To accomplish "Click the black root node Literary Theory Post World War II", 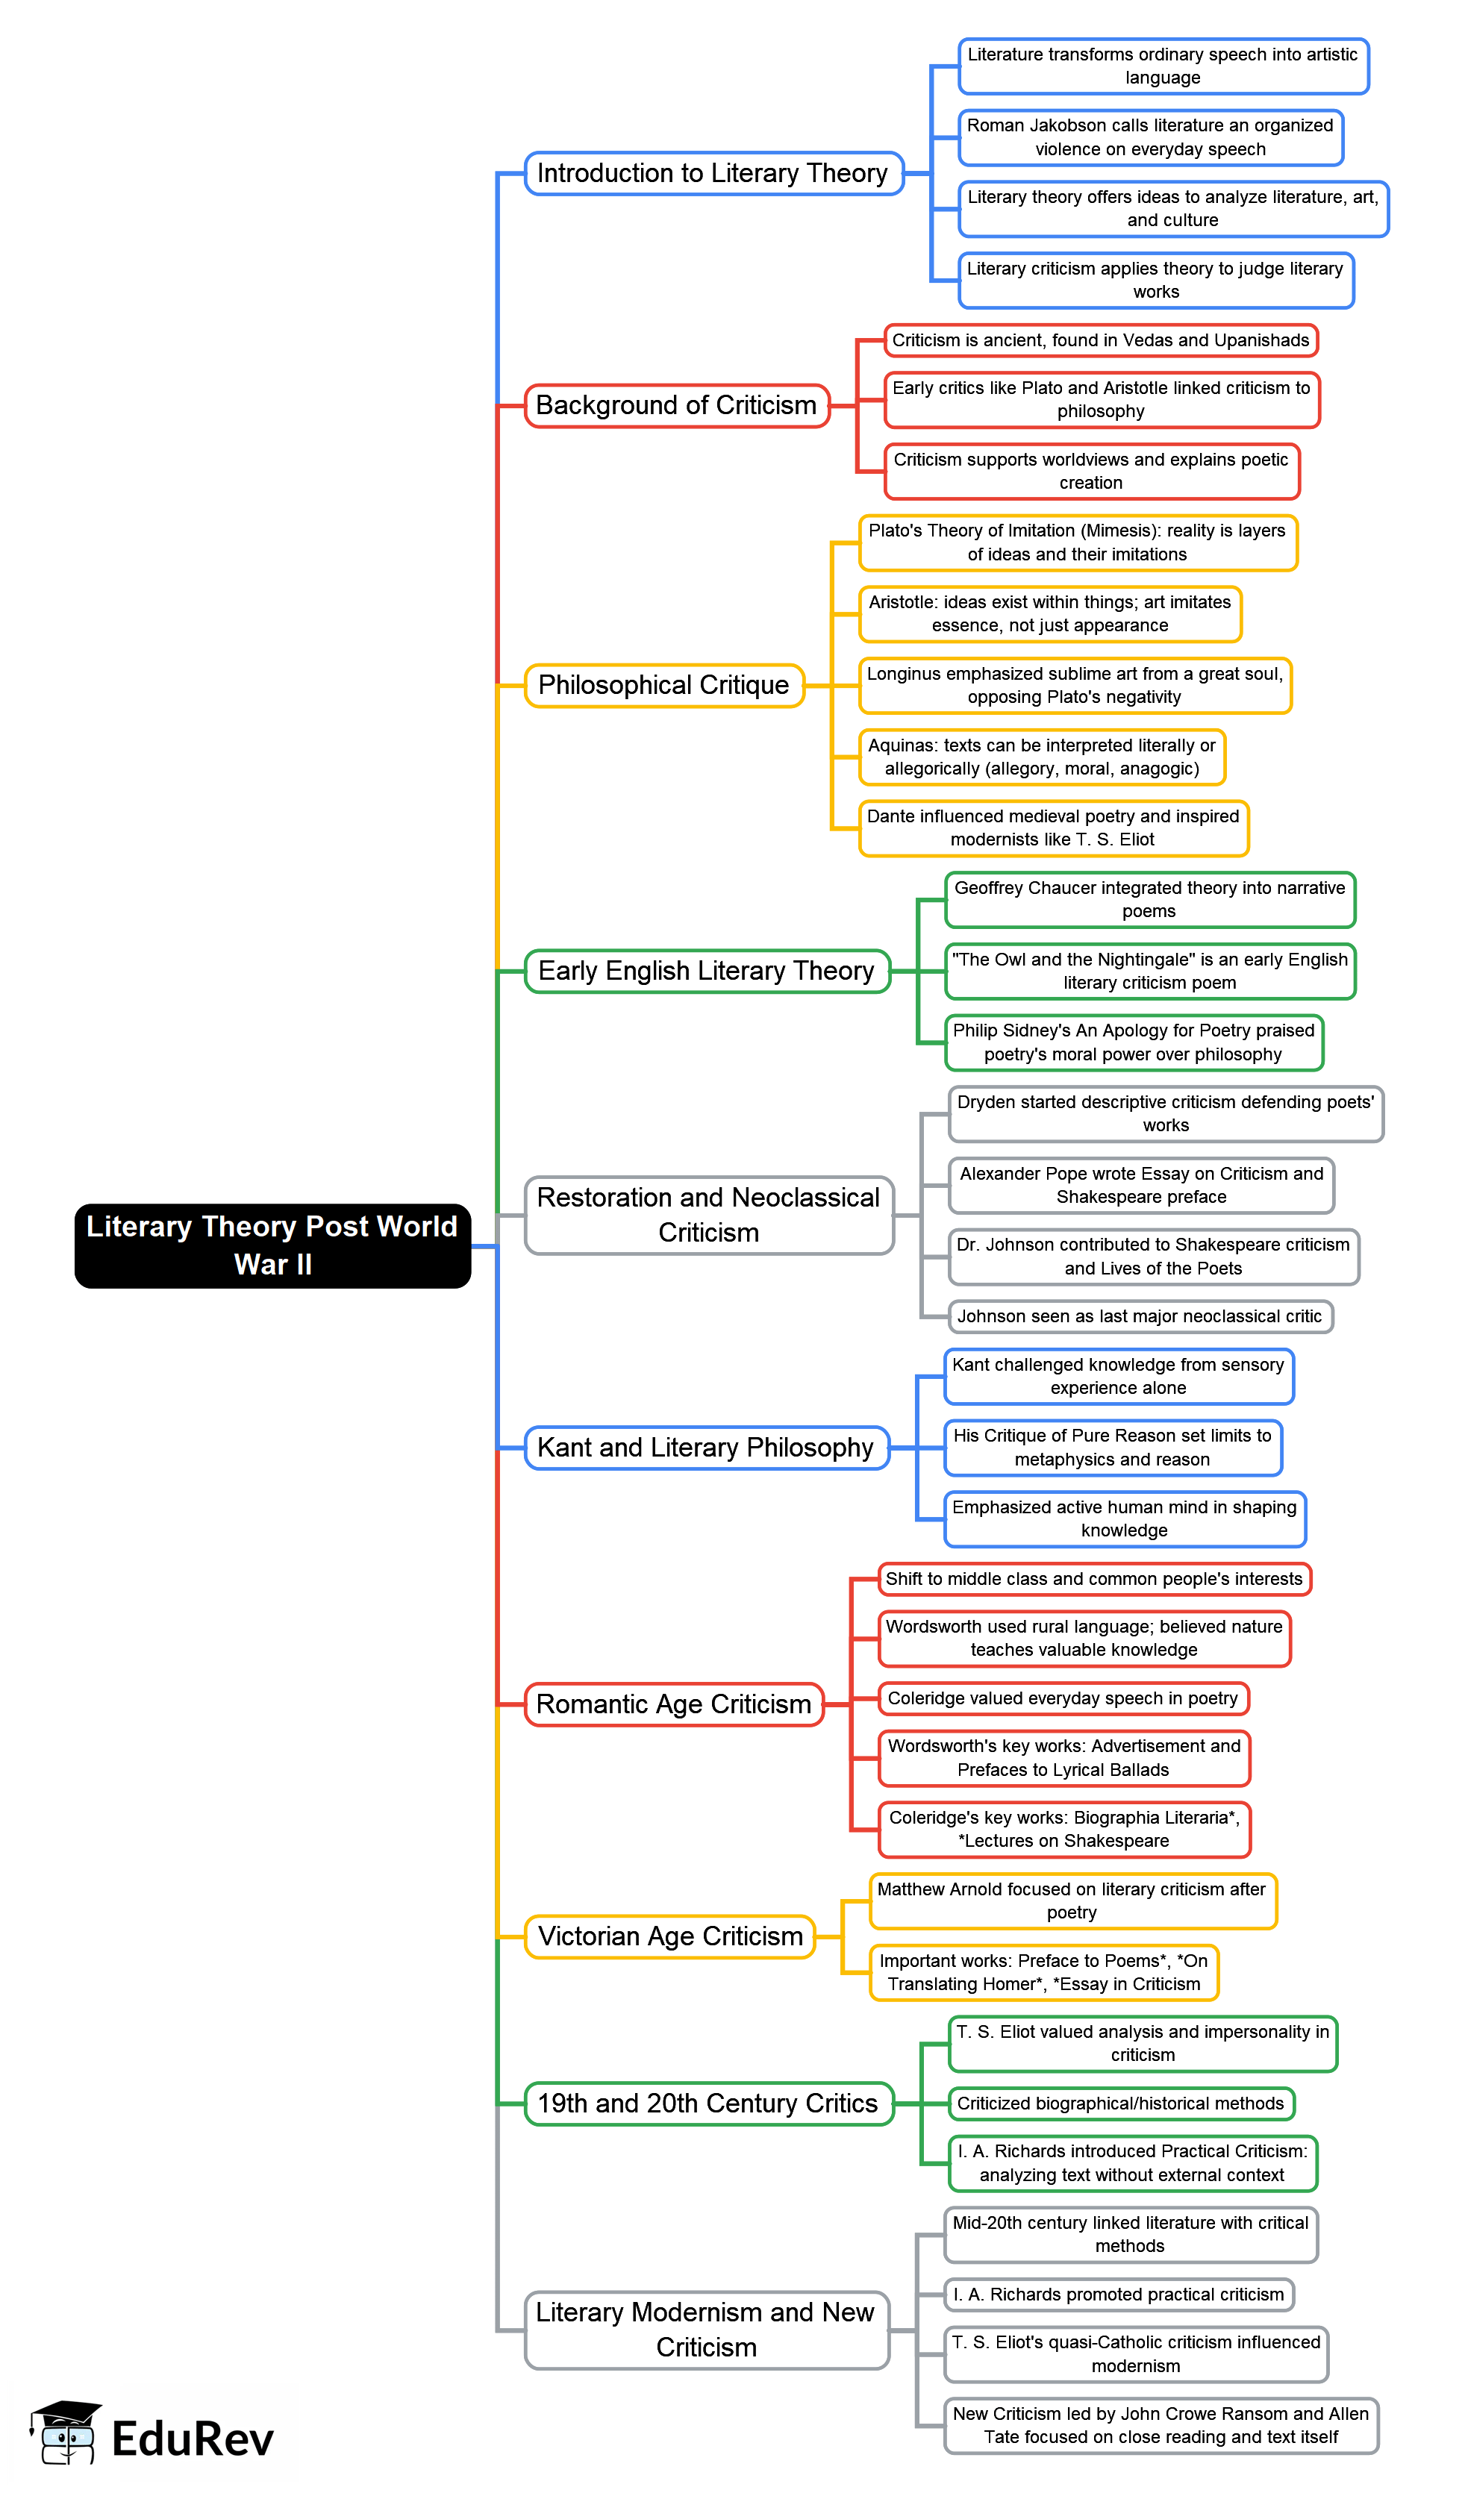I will click(272, 1245).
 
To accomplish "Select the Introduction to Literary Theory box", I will click(713, 173).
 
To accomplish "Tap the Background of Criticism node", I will click(677, 406).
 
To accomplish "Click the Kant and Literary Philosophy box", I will click(705, 1448).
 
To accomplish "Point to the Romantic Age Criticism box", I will click(674, 1704).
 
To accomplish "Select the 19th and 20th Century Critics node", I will click(708, 2103).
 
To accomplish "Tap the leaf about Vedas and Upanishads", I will click(1100, 340).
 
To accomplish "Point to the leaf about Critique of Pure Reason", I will click(1112, 1448).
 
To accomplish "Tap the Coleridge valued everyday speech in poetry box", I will click(1063, 1698).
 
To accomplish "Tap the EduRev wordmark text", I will click(192, 2439).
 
